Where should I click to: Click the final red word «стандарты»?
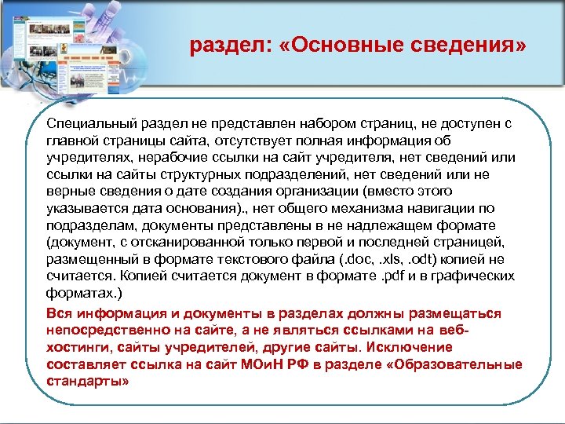[x=87, y=381]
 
